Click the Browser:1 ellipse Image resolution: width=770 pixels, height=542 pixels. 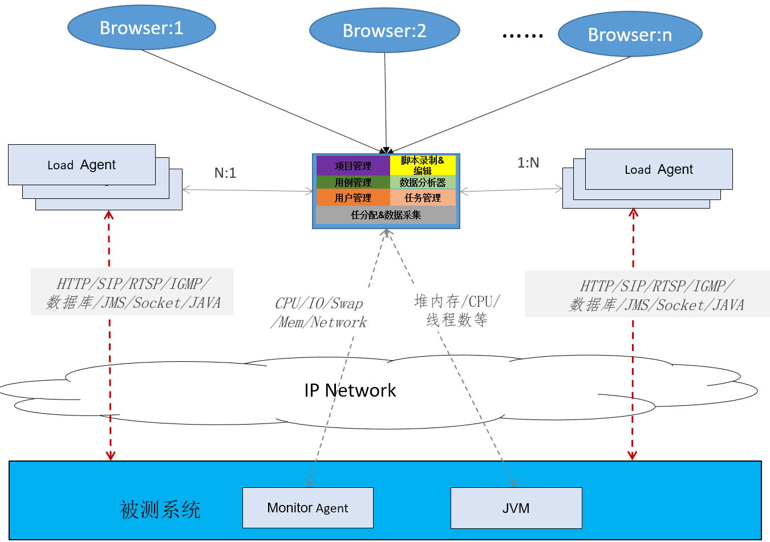141,28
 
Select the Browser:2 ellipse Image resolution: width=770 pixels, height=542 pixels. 384,31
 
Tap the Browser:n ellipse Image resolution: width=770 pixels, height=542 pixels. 630,35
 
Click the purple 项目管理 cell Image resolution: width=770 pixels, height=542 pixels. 353,166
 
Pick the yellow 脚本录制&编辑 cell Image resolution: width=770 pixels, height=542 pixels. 423,165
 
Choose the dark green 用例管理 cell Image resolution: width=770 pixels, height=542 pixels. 353,182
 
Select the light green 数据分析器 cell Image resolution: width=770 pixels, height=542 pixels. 423,182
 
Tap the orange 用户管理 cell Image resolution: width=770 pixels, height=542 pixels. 353,198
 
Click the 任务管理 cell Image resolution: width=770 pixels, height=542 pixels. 423,198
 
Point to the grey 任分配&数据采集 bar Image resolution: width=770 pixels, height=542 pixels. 386,215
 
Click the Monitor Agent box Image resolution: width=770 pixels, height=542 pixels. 307,508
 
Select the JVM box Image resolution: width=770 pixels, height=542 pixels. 516,508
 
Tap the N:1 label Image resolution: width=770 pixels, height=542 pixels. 225,173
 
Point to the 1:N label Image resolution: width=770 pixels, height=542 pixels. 528,163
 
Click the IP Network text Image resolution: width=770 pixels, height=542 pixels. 350,390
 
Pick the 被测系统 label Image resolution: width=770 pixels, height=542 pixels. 160,510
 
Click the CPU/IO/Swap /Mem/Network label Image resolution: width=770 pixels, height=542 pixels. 319,313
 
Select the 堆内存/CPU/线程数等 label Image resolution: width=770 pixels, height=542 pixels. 457,311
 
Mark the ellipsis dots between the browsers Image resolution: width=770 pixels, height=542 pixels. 522,36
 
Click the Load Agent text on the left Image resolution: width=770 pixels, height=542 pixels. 82,165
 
